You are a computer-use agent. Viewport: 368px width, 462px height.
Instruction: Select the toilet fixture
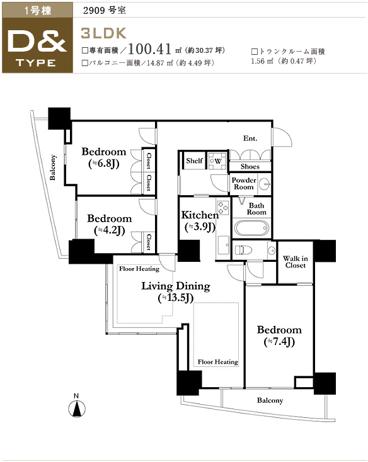(244, 251)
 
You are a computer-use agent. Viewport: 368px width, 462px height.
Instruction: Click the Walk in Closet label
(295, 262)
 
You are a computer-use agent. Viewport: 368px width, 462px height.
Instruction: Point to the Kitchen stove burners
(223, 207)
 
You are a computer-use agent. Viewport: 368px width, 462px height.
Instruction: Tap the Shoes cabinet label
(250, 166)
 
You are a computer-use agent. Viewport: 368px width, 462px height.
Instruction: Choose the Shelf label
(194, 161)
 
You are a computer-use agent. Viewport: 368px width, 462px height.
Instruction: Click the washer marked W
(217, 161)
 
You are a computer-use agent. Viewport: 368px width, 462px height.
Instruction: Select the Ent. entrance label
(250, 138)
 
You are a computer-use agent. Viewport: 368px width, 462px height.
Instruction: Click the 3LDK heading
(103, 33)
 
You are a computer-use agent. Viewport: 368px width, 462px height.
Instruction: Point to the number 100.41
(150, 49)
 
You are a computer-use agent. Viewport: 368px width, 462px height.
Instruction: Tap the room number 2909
(94, 11)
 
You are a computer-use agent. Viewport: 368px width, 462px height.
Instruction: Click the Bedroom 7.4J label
(279, 335)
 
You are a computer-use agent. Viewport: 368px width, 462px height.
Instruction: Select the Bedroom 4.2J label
(110, 224)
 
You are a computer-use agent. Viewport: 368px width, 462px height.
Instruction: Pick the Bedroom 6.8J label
(104, 157)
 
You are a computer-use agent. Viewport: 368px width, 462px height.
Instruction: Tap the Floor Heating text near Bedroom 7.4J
(217, 362)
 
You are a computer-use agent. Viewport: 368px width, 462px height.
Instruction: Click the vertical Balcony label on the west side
(52, 167)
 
